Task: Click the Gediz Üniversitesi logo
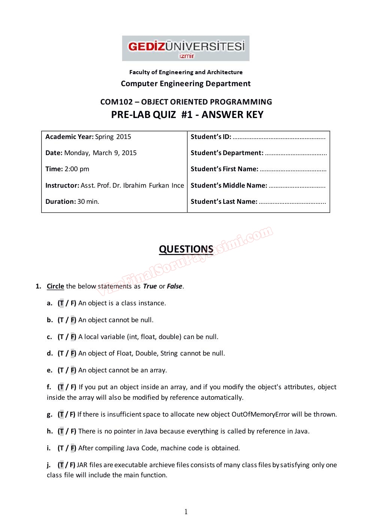pos(185,48)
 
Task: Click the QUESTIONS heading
pos(186,249)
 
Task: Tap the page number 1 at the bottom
pos(186,512)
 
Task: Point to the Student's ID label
pos(211,137)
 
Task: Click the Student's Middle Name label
pos(229,185)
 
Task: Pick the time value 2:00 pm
pos(76,169)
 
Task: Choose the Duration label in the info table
pos(60,202)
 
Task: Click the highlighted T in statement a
pos(61,303)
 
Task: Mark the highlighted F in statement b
pos(73,320)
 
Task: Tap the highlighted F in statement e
pos(73,370)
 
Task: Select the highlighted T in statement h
pos(61,431)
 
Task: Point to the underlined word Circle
pos(55,286)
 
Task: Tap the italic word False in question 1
pos(174,286)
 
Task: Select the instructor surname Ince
pos(178,185)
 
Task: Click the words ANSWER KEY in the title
pos(232,115)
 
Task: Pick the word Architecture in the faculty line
pos(225,72)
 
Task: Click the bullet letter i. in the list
pos(49,448)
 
